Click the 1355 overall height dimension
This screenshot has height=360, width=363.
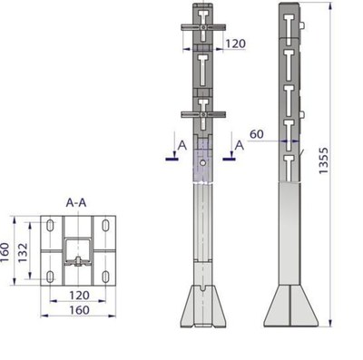(x=324, y=161)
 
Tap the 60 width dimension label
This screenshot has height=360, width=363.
(x=257, y=133)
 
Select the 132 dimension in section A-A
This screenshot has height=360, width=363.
(x=23, y=253)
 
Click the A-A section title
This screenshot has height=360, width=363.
(x=76, y=203)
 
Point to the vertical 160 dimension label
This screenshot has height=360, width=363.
(x=5, y=253)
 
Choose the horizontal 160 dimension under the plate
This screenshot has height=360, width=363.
(x=79, y=310)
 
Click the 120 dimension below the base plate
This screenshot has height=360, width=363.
(x=79, y=295)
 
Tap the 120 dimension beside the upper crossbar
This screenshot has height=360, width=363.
(x=235, y=44)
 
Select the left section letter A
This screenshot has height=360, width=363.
(x=182, y=145)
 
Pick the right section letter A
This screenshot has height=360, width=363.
(x=240, y=145)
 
